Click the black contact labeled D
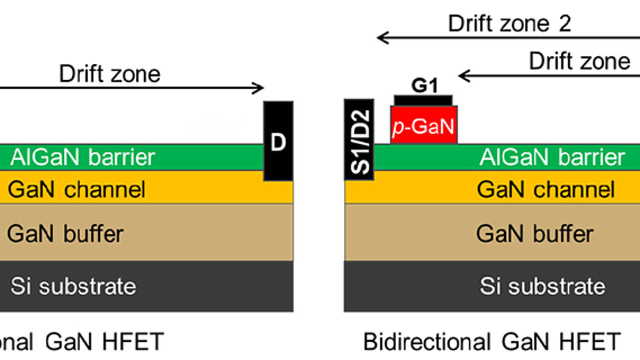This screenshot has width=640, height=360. [x=278, y=141]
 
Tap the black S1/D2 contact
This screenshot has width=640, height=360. [x=359, y=140]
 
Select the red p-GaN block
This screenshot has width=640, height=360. [x=425, y=125]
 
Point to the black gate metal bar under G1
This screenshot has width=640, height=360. [x=423, y=100]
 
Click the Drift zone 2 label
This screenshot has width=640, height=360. [x=509, y=23]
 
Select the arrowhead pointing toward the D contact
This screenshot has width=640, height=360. [x=259, y=87]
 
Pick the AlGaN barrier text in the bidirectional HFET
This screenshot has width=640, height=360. [x=552, y=157]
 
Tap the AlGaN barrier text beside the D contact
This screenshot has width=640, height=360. [x=83, y=157]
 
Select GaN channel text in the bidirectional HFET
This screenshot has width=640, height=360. [x=545, y=189]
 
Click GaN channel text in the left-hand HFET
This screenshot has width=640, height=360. [x=76, y=189]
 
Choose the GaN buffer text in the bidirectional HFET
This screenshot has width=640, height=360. [x=534, y=233]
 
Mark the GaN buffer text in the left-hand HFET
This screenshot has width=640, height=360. [x=65, y=233]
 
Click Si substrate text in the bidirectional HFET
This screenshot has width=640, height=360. [x=543, y=286]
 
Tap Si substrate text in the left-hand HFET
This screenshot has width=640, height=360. [x=73, y=286]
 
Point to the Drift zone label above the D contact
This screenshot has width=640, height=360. [x=110, y=73]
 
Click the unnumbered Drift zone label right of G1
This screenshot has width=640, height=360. [x=579, y=61]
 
